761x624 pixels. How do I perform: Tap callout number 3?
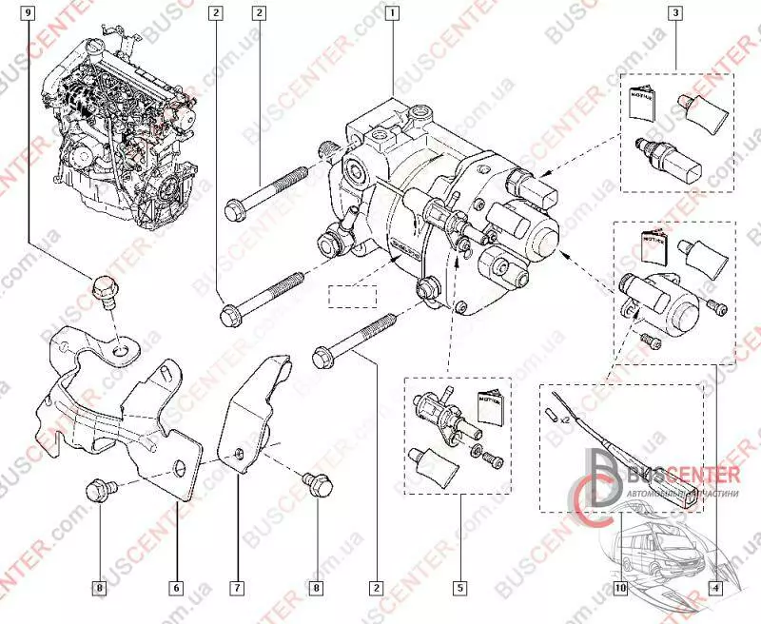coord(674,14)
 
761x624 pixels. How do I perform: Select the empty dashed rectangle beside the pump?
coord(352,296)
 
